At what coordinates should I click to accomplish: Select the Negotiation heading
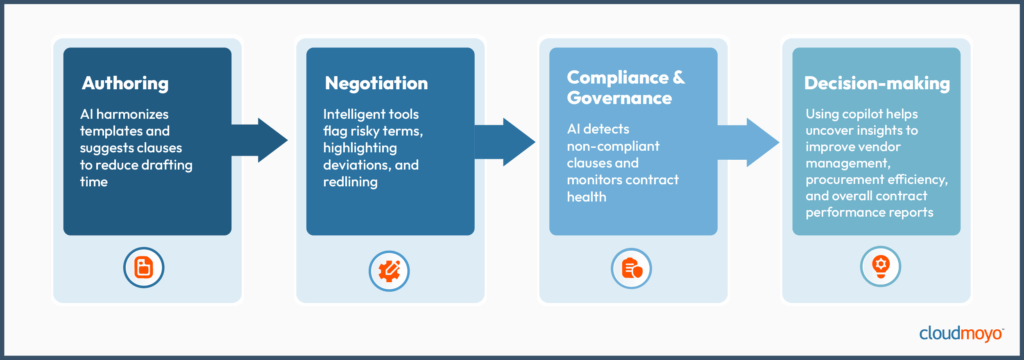click(x=376, y=83)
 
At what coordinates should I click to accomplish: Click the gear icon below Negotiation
click(x=389, y=267)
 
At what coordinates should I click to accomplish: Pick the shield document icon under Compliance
click(x=633, y=267)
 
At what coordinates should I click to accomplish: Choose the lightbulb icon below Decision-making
click(x=876, y=267)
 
